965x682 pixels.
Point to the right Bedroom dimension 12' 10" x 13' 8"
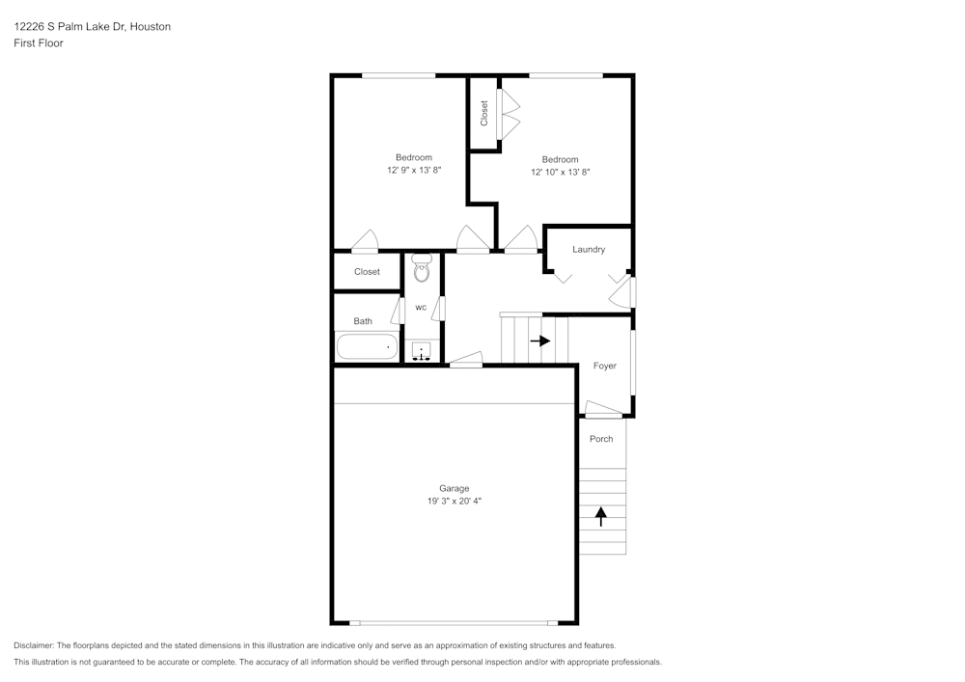(x=560, y=173)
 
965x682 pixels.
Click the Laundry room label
(x=589, y=250)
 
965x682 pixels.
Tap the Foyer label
(x=604, y=367)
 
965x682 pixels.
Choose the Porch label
(x=601, y=440)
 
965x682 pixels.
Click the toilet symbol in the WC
(x=421, y=269)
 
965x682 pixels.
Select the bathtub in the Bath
(x=367, y=346)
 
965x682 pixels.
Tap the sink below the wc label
(x=422, y=352)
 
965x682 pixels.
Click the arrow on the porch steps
(x=601, y=517)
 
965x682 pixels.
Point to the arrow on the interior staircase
(x=539, y=341)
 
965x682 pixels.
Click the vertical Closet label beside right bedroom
(x=483, y=113)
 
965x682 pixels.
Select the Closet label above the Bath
(x=367, y=272)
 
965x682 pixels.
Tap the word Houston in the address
(x=151, y=27)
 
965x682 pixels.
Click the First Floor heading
(x=39, y=43)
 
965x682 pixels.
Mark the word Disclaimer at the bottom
(x=34, y=645)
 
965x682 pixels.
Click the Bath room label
(x=363, y=321)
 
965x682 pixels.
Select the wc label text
(x=421, y=308)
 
